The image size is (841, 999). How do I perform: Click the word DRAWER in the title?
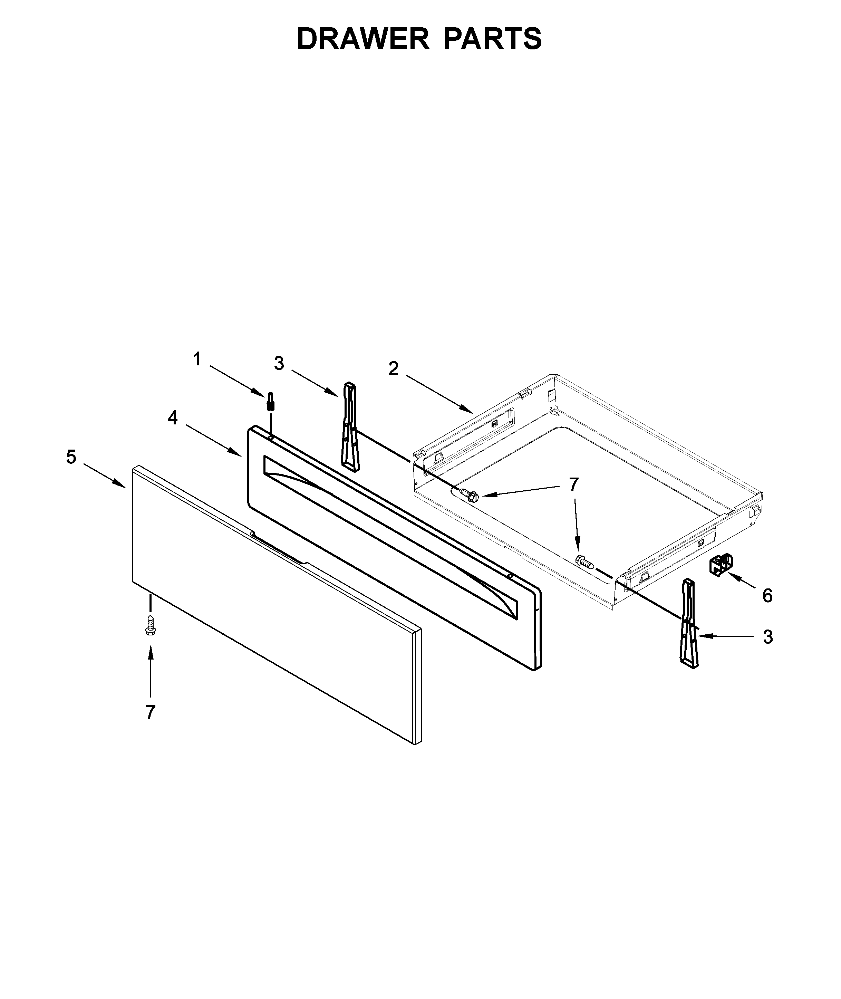pyautogui.click(x=362, y=39)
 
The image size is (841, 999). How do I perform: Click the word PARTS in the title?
pyautogui.click(x=493, y=39)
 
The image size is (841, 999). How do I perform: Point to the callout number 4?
pyautogui.click(x=172, y=418)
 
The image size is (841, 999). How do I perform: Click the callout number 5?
pyautogui.click(x=71, y=457)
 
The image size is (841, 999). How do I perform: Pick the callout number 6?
pyautogui.click(x=767, y=596)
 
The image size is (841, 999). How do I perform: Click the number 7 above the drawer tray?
pyautogui.click(x=573, y=484)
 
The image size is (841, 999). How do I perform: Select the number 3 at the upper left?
pyautogui.click(x=279, y=363)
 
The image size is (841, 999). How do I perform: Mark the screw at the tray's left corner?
pyautogui.click(x=468, y=496)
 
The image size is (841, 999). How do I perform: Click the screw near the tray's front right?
pyautogui.click(x=584, y=563)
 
